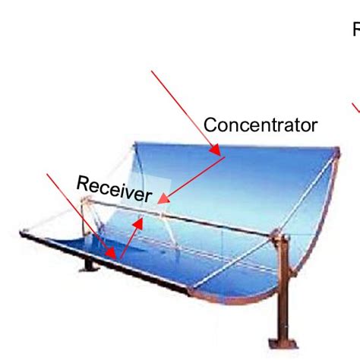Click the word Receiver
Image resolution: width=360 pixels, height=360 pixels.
(114, 188)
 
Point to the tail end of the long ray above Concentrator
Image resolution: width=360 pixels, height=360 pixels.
(153, 71)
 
